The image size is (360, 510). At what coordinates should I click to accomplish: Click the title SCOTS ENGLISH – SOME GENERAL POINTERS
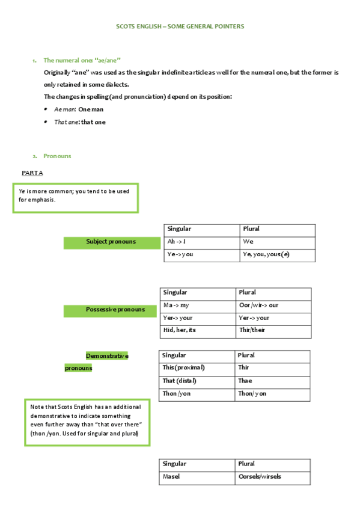click(x=180, y=26)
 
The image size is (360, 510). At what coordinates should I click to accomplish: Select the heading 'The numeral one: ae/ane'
click(x=82, y=60)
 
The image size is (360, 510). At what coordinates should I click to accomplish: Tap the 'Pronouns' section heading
click(x=57, y=156)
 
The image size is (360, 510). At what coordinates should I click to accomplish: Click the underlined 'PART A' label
click(x=32, y=173)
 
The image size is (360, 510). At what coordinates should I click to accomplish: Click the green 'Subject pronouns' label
click(x=111, y=242)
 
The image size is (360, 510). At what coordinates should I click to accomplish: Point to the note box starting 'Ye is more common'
click(x=76, y=198)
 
